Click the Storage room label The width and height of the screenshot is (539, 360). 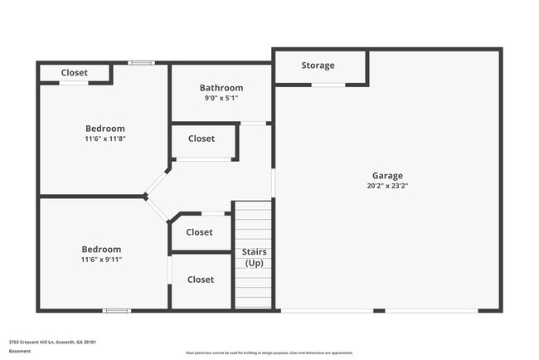pyautogui.click(x=318, y=66)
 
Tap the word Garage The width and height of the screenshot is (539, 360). pyautogui.click(x=387, y=176)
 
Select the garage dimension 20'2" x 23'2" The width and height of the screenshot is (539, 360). pyautogui.click(x=387, y=187)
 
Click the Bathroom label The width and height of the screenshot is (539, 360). pyautogui.click(x=221, y=88)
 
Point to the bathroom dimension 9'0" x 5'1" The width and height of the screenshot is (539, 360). pyautogui.click(x=221, y=98)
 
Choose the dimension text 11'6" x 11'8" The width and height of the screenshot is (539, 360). pyautogui.click(x=105, y=139)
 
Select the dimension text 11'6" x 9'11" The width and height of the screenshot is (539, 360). pyautogui.click(x=101, y=260)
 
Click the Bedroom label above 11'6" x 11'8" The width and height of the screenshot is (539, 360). pyautogui.click(x=105, y=129)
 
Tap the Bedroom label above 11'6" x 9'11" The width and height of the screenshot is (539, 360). pyautogui.click(x=101, y=250)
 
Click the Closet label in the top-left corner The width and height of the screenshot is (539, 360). pyautogui.click(x=75, y=73)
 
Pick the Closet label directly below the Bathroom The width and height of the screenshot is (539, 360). pyautogui.click(x=202, y=139)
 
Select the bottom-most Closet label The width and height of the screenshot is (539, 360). pyautogui.click(x=201, y=280)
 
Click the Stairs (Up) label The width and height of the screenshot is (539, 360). pyautogui.click(x=254, y=257)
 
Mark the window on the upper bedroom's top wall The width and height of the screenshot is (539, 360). pyautogui.click(x=141, y=62)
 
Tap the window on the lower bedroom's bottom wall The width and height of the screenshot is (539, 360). pyautogui.click(x=116, y=310)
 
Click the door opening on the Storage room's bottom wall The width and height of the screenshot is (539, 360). pyautogui.click(x=328, y=85)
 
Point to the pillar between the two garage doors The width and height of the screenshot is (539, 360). pyautogui.click(x=378, y=310)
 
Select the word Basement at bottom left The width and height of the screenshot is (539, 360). pyautogui.click(x=20, y=352)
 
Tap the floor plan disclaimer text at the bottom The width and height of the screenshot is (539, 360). pyautogui.click(x=269, y=353)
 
